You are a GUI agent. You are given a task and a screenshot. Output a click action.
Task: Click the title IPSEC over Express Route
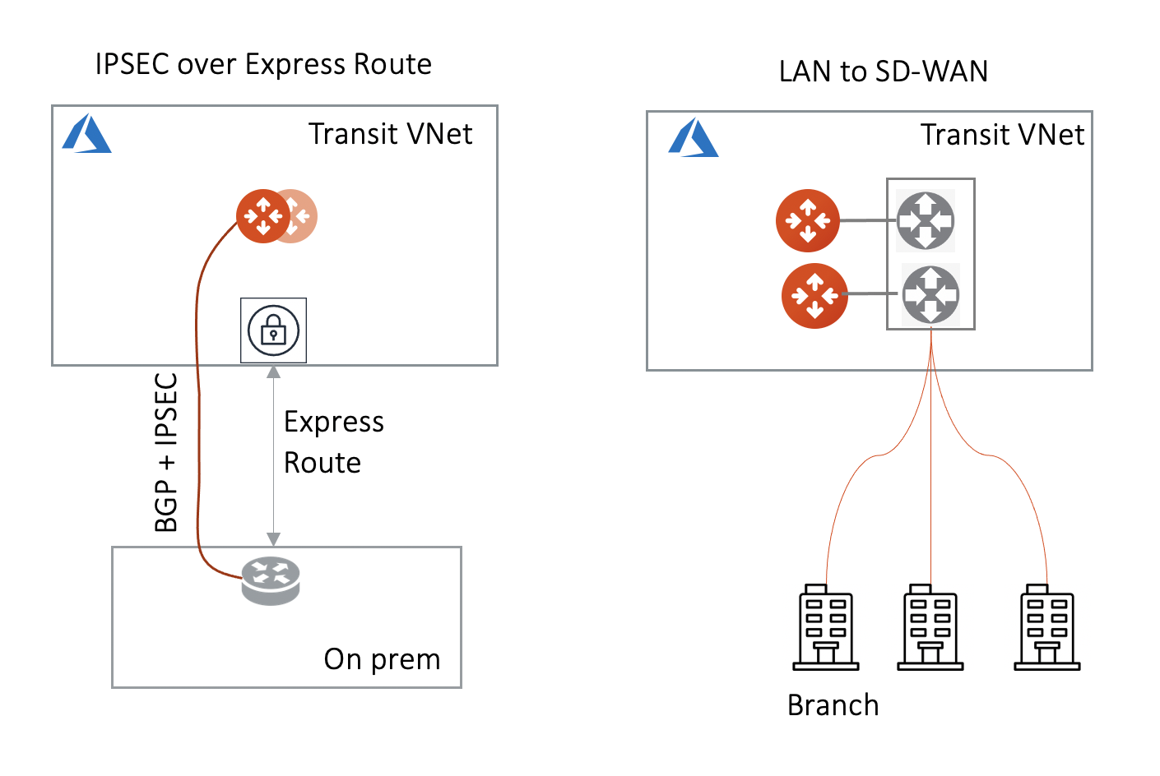[x=263, y=64]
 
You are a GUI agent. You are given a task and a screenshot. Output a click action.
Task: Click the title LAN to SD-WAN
[x=883, y=72]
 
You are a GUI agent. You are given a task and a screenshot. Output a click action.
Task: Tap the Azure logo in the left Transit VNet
[x=86, y=134]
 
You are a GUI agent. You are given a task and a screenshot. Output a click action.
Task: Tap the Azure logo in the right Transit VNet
[x=693, y=137]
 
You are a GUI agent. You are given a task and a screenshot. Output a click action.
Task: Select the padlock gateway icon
[x=273, y=330]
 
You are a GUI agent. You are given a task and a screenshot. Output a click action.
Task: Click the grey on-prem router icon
[x=271, y=580]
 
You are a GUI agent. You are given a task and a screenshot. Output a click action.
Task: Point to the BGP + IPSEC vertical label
[x=166, y=452]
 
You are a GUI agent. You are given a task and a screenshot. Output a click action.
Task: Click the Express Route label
[x=333, y=442]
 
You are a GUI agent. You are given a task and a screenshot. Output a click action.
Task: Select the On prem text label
[x=382, y=659]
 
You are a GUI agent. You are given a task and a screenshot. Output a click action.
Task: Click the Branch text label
[x=833, y=705]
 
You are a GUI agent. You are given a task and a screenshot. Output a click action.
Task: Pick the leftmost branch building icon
[x=825, y=628]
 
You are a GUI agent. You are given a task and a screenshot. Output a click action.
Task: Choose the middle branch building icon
[x=930, y=628]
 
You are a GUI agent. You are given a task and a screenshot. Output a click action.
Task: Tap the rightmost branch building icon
[x=1046, y=628]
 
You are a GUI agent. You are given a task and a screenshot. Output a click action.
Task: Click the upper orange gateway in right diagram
[x=808, y=220]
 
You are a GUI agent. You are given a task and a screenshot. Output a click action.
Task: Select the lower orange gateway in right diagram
[x=814, y=295]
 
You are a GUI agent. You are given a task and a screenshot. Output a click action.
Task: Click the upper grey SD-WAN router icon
[x=926, y=220]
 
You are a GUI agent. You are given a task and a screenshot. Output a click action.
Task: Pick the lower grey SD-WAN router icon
[x=930, y=293]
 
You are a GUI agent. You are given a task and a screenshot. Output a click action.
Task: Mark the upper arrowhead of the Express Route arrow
[x=273, y=372]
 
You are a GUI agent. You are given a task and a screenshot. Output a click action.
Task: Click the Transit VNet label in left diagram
[x=390, y=134]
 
